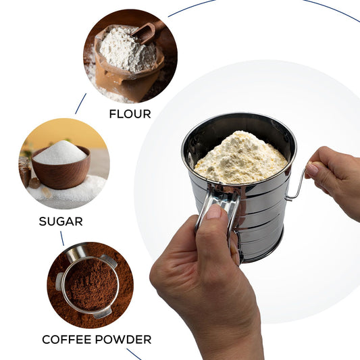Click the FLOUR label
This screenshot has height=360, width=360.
pyautogui.click(x=130, y=114)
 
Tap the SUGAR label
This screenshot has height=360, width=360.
pyautogui.click(x=61, y=221)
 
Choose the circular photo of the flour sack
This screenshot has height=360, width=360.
pyautogui.click(x=130, y=56)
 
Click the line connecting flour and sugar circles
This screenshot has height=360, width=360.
pyautogui.click(x=80, y=103)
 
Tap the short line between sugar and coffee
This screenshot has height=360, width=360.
pyautogui.click(x=63, y=238)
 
